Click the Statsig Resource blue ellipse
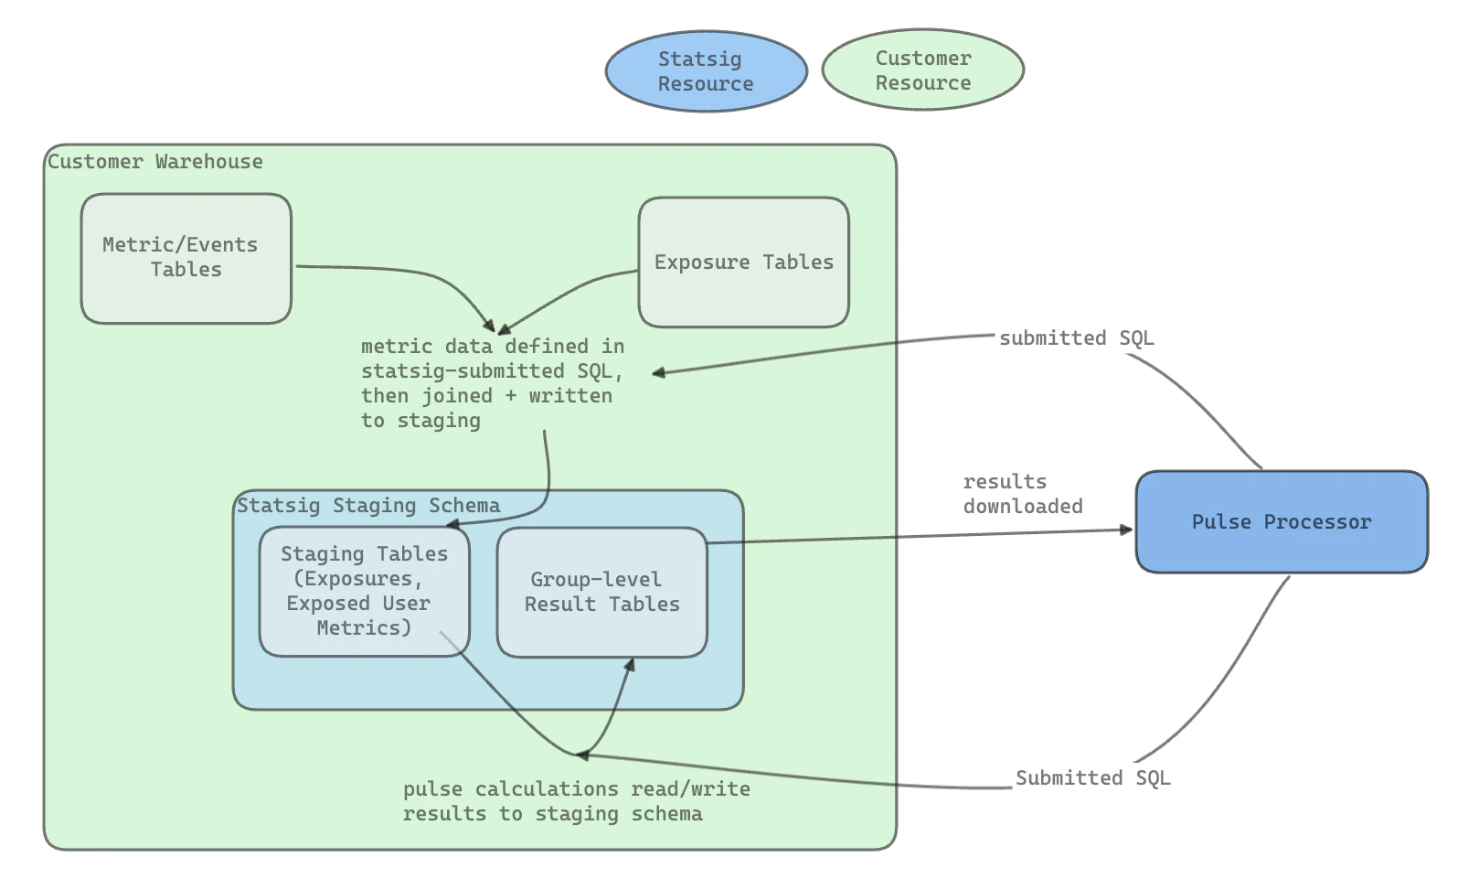pos(706,71)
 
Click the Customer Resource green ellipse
pos(922,70)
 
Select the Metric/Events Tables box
pos(186,258)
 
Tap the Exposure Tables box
pos(743,262)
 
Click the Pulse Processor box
pos(1281,522)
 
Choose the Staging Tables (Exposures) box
pos(364,591)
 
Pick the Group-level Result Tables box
pos(601,592)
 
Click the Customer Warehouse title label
pos(155,162)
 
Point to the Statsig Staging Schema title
pos(368,506)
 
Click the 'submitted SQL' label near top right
pos(1076,338)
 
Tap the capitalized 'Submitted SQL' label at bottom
pos(1092,778)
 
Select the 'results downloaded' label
pos(1022,494)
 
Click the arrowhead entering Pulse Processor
pos(1126,530)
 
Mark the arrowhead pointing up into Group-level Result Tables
pos(629,665)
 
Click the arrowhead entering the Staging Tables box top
pos(452,525)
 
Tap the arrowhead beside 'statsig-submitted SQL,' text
pos(658,373)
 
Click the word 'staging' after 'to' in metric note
pos(439,421)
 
